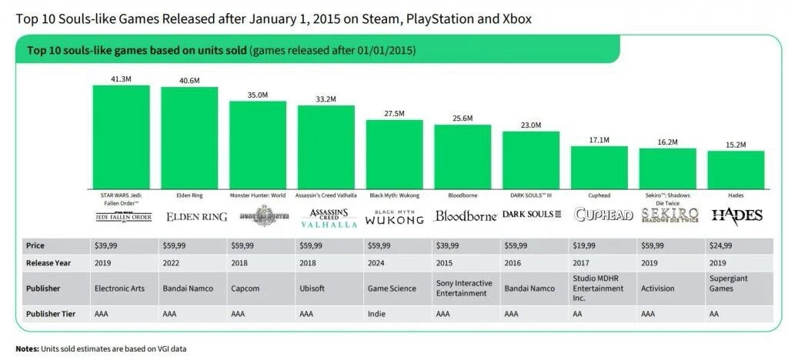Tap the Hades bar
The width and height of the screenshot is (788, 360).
[x=736, y=169]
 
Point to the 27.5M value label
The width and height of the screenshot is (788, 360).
[x=394, y=114]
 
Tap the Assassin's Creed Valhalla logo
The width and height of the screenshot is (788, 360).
[x=326, y=217]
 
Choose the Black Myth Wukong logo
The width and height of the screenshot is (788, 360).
[x=394, y=216]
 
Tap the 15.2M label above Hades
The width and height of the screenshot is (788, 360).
[x=736, y=145]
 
